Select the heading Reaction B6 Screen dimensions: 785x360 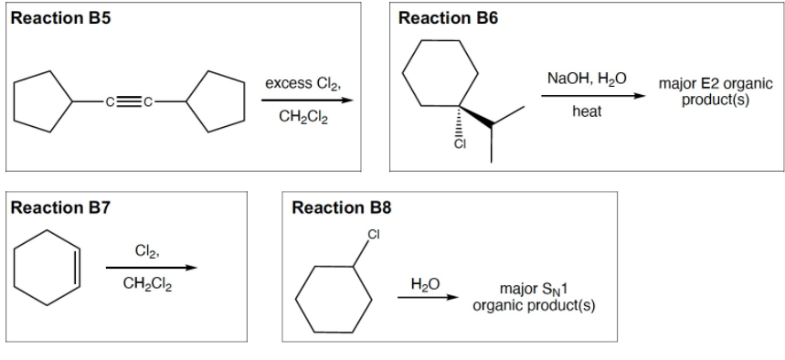449,17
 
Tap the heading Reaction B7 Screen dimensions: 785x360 58,208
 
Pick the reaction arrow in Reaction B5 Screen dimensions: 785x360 305,101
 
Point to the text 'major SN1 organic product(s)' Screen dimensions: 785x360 535,298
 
